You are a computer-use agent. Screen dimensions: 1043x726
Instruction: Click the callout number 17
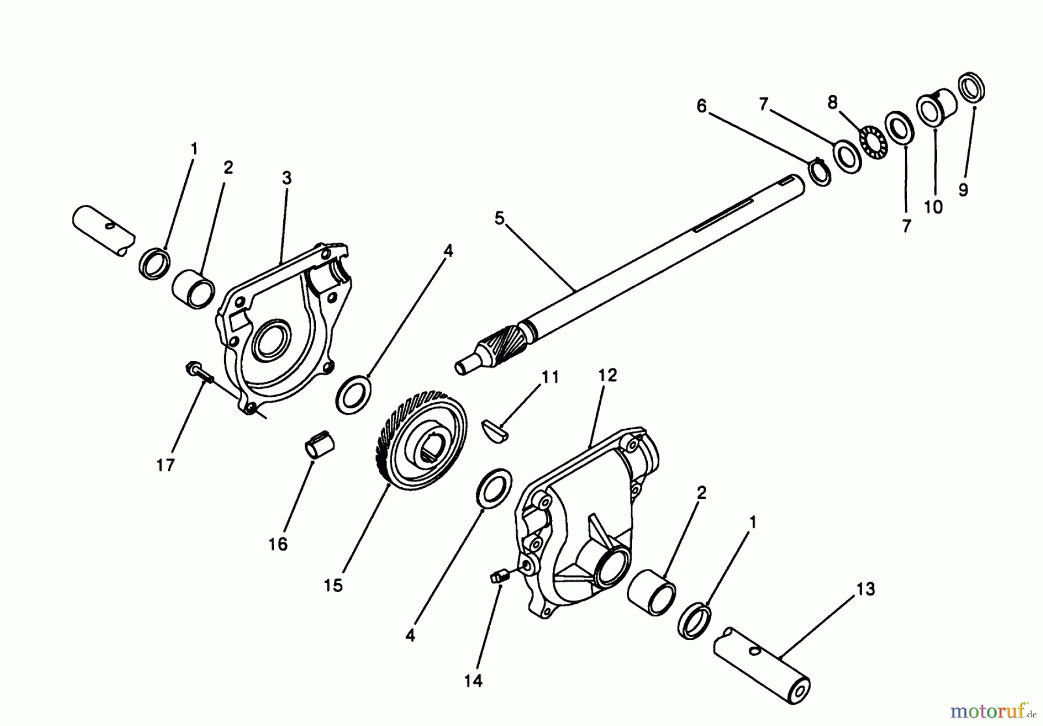[165, 465]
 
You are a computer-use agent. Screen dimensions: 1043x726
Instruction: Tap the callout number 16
[278, 544]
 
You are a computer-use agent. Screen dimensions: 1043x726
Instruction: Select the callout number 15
[333, 585]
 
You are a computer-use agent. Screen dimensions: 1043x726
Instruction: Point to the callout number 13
[865, 589]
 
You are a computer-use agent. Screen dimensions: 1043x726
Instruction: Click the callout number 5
[499, 218]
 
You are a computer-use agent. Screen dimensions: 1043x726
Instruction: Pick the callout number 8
[833, 103]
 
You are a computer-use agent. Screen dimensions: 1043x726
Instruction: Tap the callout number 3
[287, 178]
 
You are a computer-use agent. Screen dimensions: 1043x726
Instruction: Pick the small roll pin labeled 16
[320, 448]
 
